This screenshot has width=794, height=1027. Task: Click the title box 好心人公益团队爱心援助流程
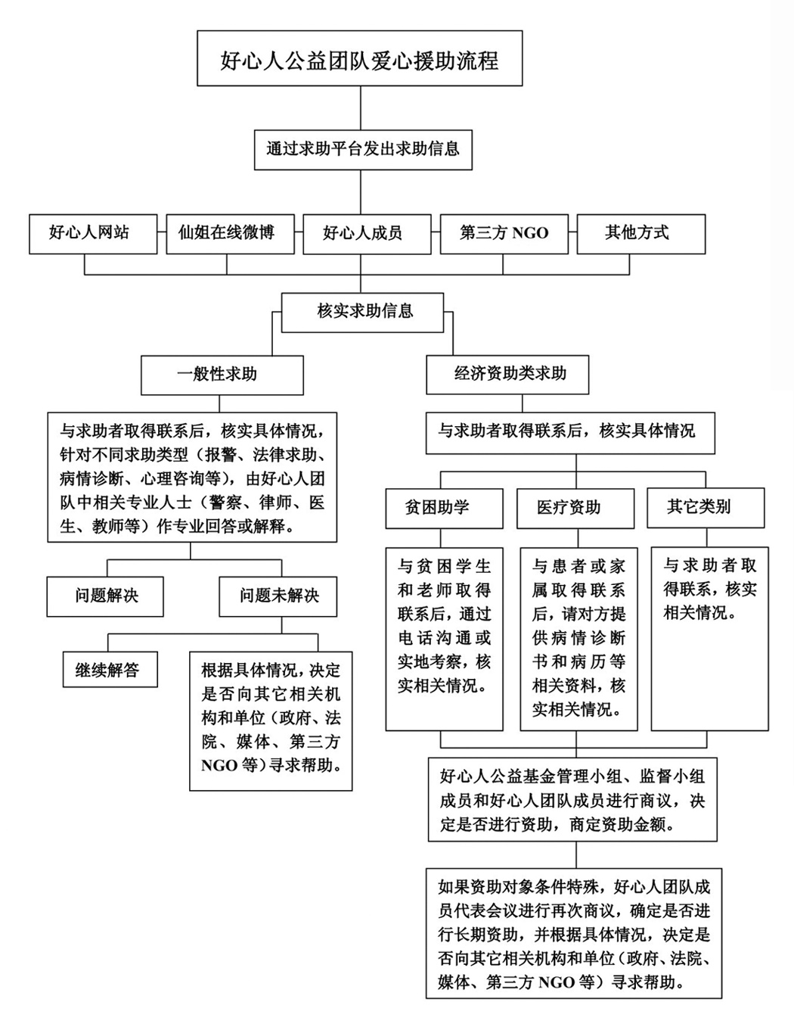359,59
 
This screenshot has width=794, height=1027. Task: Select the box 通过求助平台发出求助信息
362,148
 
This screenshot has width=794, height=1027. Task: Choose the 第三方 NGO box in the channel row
504,233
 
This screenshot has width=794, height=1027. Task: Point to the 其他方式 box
640,233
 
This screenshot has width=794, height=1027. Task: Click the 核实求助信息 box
362,311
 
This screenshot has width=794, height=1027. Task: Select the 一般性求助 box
222,375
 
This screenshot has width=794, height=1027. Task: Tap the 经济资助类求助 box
507,374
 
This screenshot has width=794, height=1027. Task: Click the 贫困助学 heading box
443,507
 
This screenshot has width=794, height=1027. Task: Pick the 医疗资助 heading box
575,507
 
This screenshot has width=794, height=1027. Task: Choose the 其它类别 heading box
705,506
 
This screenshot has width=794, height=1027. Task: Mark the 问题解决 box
105,596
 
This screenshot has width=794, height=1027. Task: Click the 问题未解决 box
278,596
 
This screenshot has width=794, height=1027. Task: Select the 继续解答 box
110,670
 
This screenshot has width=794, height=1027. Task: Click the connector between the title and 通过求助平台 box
360,107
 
